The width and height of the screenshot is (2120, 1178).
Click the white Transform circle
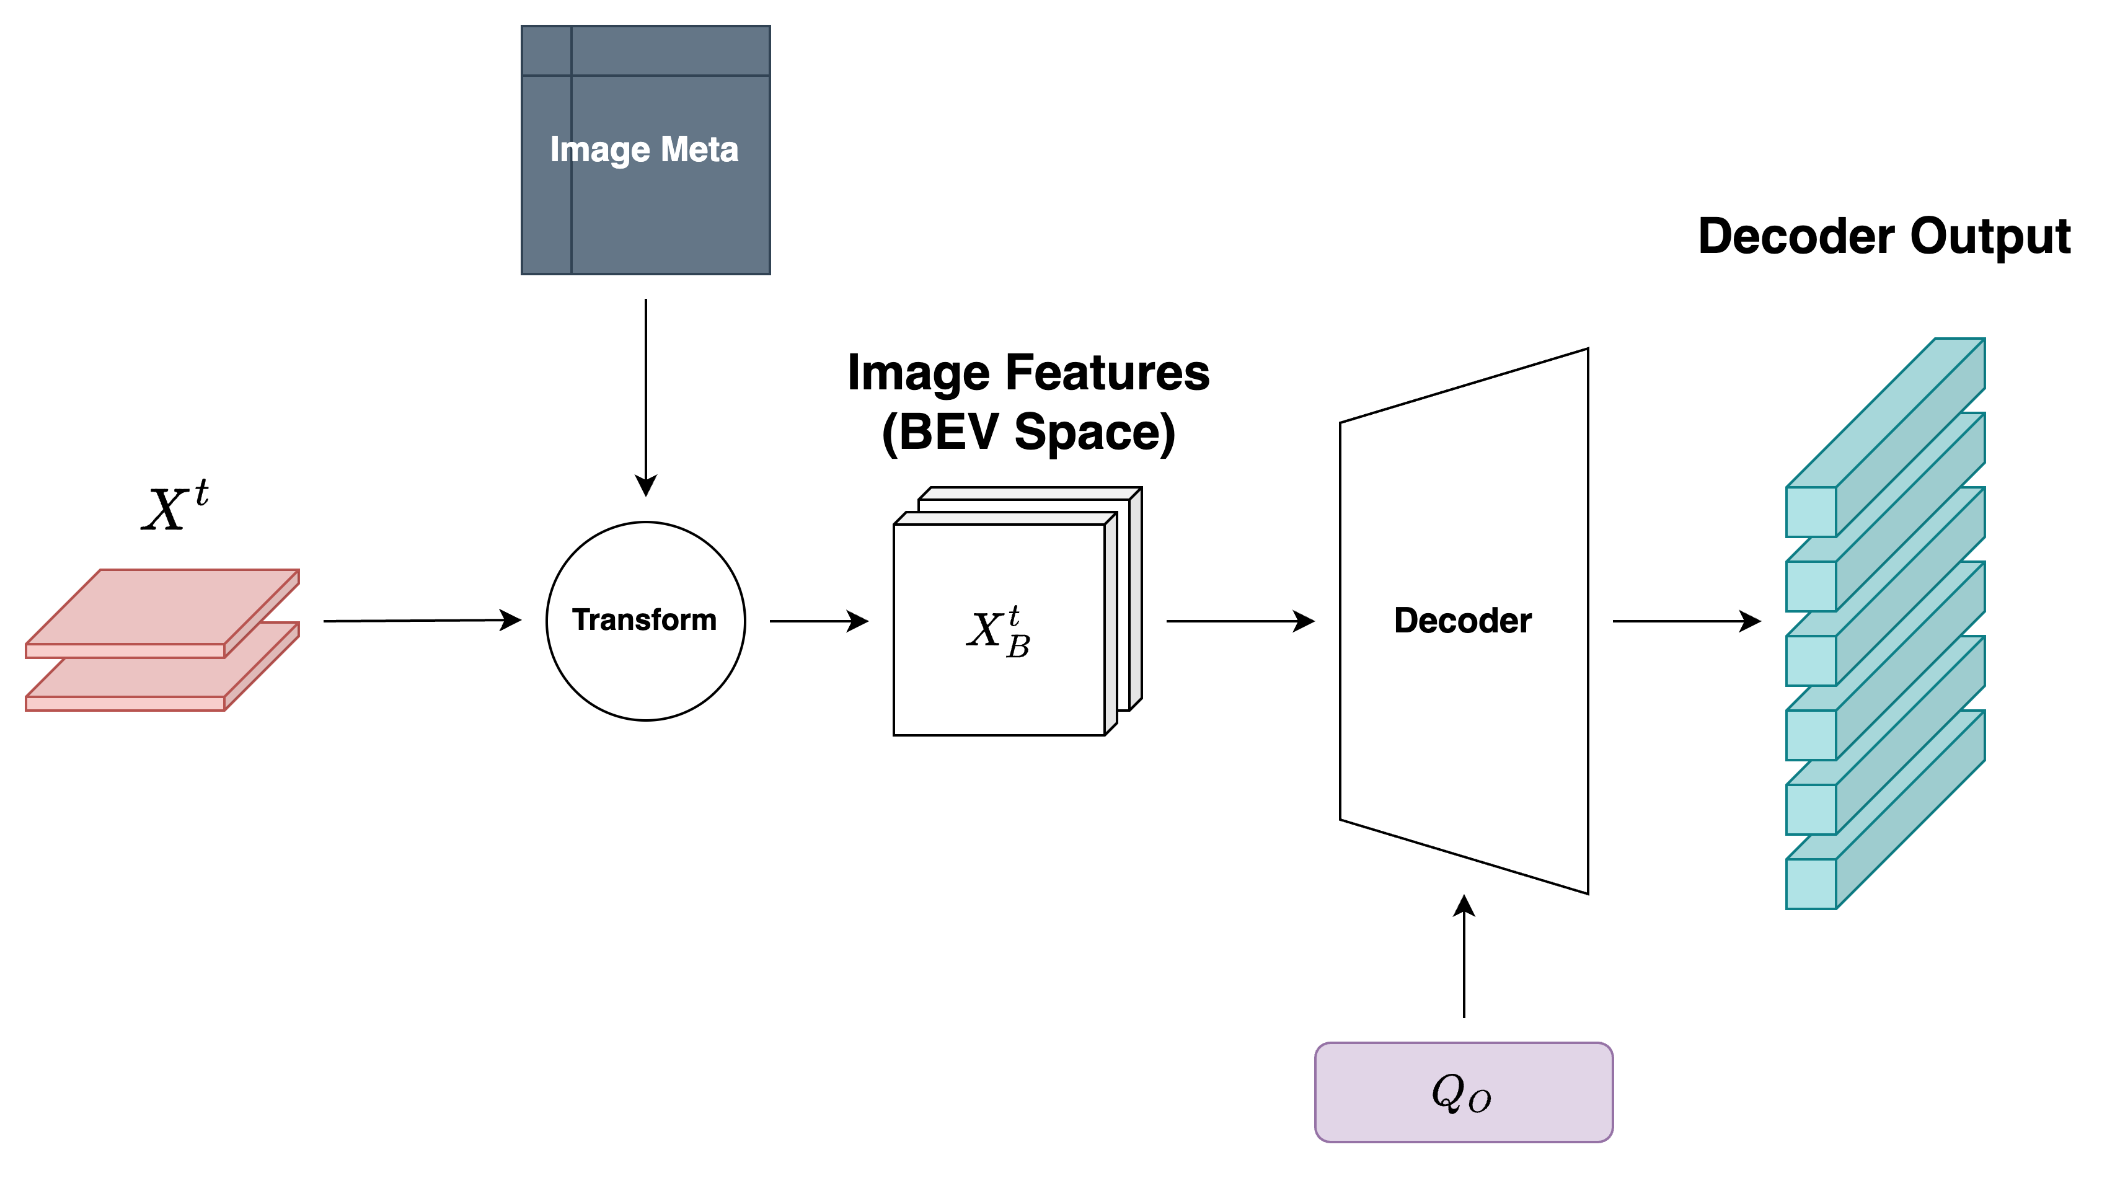click(645, 621)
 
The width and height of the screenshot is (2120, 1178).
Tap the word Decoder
click(1462, 621)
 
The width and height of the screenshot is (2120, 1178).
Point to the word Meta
click(699, 150)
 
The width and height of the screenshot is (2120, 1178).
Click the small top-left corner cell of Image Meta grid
click(547, 50)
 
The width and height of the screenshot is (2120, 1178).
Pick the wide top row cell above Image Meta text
click(670, 50)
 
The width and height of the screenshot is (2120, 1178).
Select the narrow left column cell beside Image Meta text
click(547, 174)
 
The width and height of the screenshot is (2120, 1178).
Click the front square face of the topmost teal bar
click(1811, 511)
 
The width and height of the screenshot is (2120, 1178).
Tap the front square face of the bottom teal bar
click(1811, 883)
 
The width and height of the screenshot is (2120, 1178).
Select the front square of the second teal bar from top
click(1811, 586)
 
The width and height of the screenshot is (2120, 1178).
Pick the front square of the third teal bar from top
click(1811, 660)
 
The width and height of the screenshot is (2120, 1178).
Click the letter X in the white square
click(984, 631)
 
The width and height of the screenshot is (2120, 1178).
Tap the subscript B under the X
click(1018, 647)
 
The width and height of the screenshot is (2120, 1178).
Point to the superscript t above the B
click(1014, 615)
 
